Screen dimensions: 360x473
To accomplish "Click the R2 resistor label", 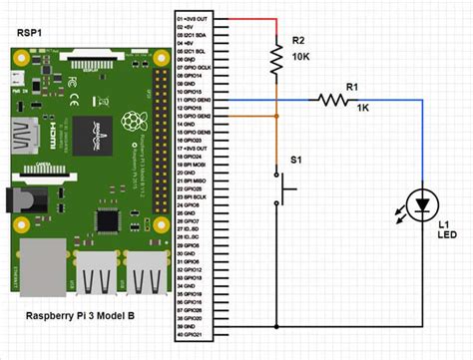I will coord(297,40).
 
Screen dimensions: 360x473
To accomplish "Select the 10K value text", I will coord(299,58).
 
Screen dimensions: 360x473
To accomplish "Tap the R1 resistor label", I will coord(351,88).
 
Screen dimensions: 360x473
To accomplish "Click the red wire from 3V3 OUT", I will coord(249,18).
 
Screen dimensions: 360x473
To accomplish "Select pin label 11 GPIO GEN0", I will coord(193,100).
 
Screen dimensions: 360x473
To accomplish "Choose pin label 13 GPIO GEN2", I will coord(193,116).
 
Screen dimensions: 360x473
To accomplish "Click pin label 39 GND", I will coord(187,327).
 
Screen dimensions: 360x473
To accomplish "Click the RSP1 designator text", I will coord(29,32).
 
